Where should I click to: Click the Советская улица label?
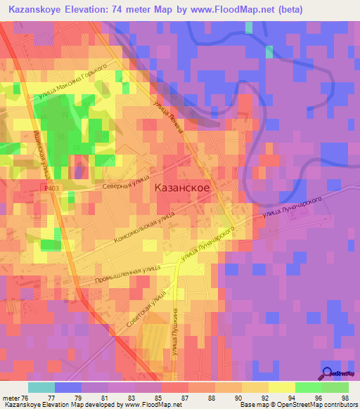(146, 309)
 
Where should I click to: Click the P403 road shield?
(51, 188)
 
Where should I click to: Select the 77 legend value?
(67, 398)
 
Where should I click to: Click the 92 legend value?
(255, 398)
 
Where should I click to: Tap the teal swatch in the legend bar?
(41, 387)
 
